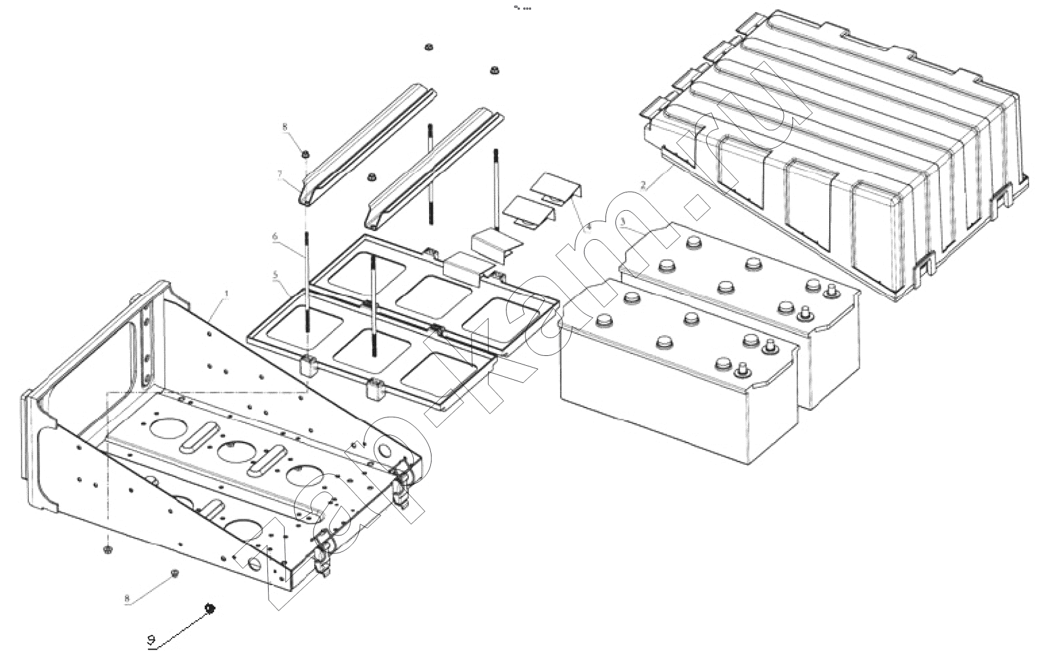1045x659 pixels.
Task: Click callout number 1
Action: coord(226,294)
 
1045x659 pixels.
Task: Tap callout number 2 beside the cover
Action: coord(643,185)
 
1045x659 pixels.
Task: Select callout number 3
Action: coord(623,221)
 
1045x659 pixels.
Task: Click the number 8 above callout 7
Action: coord(285,128)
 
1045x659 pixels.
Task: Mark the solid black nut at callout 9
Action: coord(209,608)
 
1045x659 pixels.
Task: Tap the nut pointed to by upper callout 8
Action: coord(305,152)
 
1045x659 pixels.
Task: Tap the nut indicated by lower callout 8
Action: coord(175,573)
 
